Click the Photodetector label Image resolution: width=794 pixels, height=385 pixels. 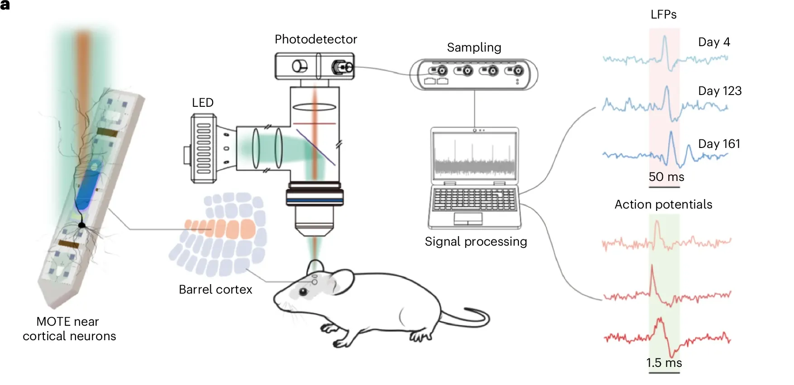tap(316, 39)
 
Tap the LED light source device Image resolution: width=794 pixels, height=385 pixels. tap(204, 148)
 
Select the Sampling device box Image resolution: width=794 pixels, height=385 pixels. tap(474, 75)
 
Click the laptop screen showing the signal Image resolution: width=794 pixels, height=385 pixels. tap(474, 155)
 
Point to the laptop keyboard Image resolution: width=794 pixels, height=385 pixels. tap(474, 200)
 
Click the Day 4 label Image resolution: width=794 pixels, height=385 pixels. tap(714, 42)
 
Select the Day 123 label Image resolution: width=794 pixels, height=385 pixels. tap(719, 91)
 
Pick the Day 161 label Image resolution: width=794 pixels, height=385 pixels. tap(719, 144)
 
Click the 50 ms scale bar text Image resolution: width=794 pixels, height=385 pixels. tap(666, 177)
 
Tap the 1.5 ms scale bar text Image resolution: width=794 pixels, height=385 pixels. tap(664, 363)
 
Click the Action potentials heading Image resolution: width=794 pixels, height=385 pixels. tap(663, 204)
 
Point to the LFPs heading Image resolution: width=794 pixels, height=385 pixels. tap(663, 14)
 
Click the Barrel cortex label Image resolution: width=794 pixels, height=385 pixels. tap(215, 290)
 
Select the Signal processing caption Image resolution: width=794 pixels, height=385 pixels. tap(475, 242)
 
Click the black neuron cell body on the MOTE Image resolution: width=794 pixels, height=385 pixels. tap(82, 225)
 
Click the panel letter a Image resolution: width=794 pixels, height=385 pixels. tap(5, 5)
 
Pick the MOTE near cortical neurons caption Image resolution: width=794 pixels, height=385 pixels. tap(69, 329)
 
